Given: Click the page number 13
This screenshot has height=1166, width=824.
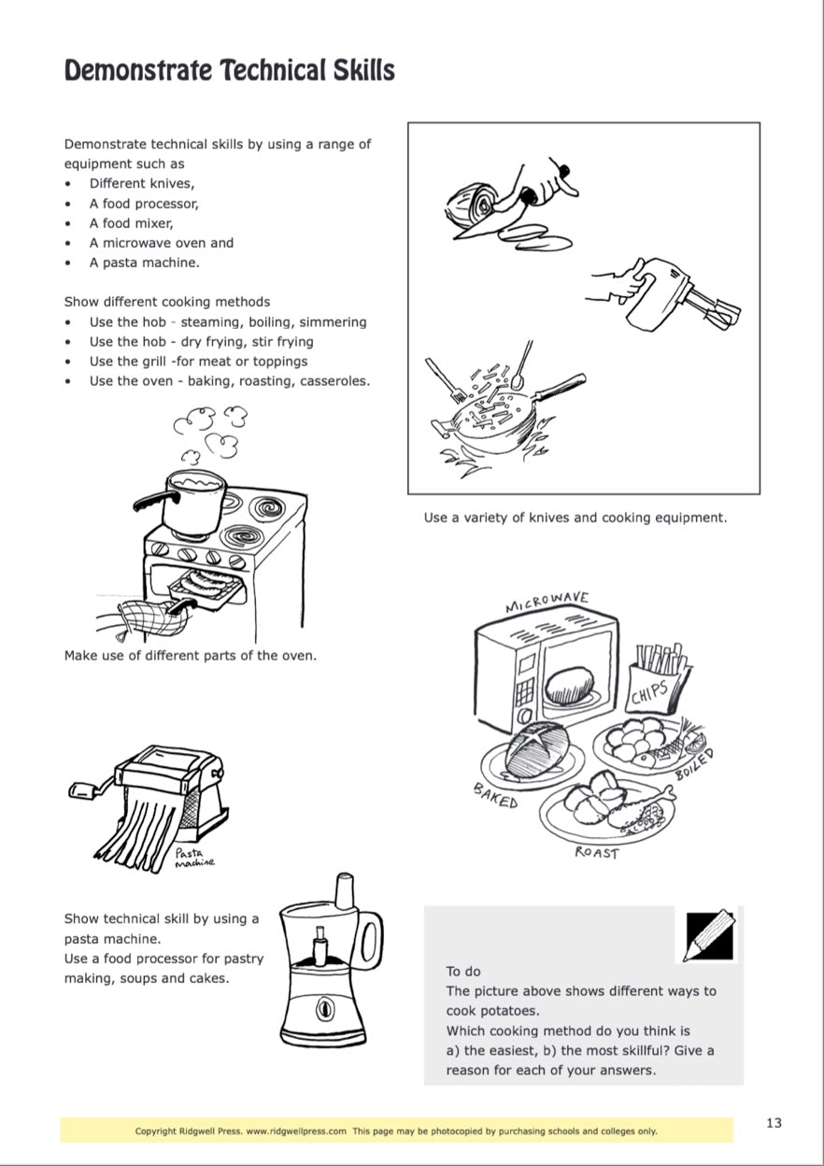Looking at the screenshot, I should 774,1123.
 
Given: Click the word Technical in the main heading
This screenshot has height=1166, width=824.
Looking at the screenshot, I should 269,70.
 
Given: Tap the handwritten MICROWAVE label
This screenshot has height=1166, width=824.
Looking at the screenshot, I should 547,602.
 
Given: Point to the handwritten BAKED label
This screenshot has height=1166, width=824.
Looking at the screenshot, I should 495,797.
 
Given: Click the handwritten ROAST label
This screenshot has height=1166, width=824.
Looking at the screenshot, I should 596,853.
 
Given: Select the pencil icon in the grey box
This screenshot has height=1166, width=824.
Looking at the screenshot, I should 705,935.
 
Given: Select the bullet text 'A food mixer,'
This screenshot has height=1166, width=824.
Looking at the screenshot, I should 132,223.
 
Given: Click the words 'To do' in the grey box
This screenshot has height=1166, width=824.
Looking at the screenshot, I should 463,972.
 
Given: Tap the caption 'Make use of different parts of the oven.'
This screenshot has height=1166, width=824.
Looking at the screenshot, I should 190,655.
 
